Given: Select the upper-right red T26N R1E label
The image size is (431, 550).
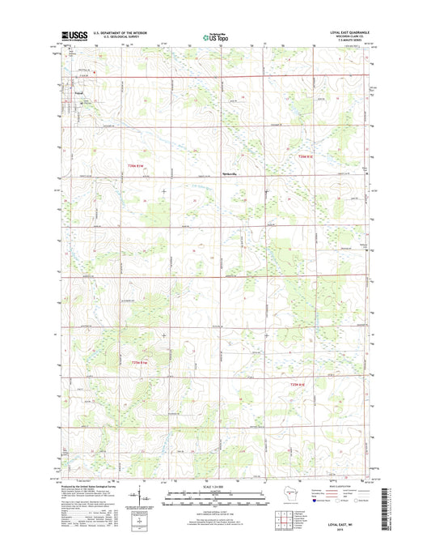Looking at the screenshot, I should [x=302, y=156].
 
